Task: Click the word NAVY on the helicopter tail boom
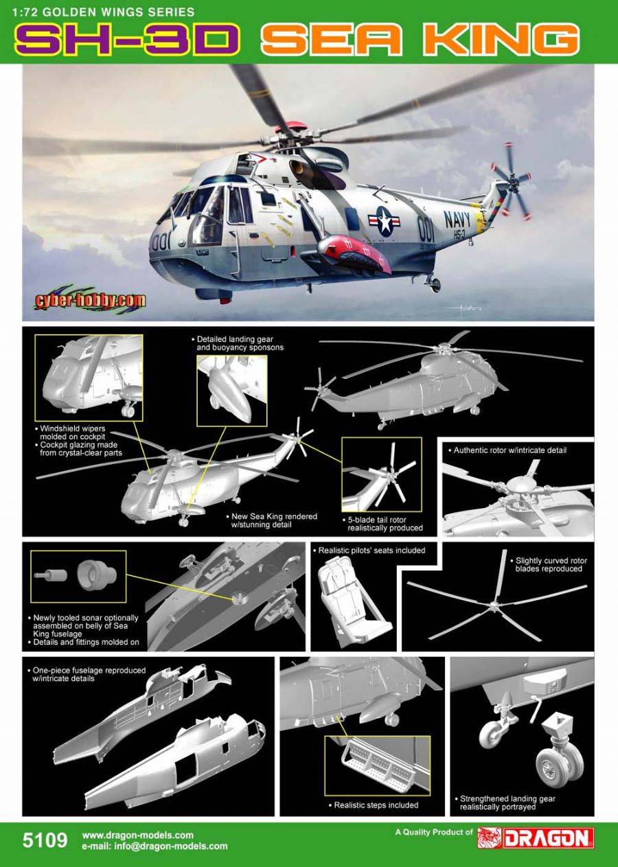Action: click(x=459, y=220)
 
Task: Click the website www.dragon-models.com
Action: click(x=138, y=835)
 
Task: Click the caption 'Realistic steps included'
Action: click(x=376, y=805)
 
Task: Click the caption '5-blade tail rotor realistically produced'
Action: click(x=385, y=524)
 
